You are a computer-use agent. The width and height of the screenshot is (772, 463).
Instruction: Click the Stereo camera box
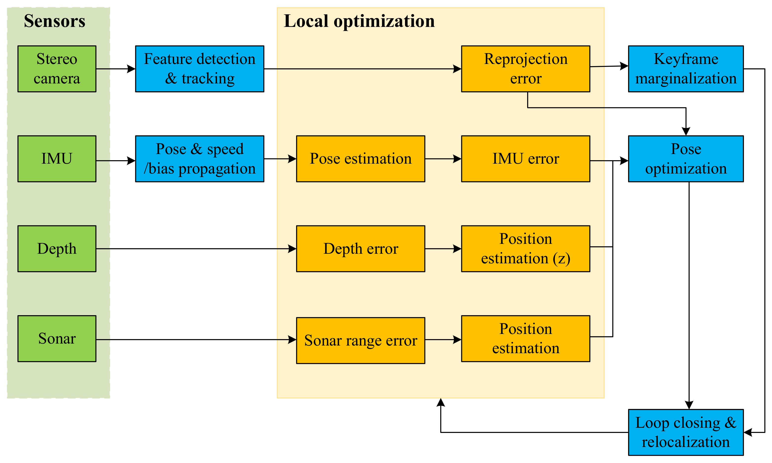[x=57, y=69]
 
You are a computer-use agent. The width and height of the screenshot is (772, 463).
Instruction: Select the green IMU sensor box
[x=57, y=158]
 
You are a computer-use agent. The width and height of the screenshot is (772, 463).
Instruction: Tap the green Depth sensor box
[x=57, y=249]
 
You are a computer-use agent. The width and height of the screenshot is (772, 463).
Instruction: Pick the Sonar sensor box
[x=57, y=339]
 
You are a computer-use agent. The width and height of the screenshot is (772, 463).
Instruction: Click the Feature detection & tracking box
[x=200, y=69]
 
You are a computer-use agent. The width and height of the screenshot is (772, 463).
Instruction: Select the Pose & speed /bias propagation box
[x=200, y=158]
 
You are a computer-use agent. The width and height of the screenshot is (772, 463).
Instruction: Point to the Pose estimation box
[x=361, y=158]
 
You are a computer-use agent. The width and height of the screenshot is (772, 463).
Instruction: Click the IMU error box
[x=526, y=158]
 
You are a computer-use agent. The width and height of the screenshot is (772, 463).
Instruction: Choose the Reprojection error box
[x=526, y=69]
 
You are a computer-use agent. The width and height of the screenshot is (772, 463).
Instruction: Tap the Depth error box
[x=361, y=249]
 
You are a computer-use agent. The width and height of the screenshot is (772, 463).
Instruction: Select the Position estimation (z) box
[x=526, y=249]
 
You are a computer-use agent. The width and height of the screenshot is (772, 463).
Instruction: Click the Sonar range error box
[x=361, y=340]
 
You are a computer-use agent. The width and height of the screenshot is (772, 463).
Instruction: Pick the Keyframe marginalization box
[x=686, y=69]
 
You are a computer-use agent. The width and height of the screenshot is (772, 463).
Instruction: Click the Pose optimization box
[x=686, y=158]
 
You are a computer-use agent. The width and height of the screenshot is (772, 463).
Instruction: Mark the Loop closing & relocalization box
[x=686, y=432]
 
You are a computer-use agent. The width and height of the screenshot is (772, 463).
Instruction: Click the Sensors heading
[x=55, y=21]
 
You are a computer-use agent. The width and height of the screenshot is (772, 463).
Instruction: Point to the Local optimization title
[x=359, y=21]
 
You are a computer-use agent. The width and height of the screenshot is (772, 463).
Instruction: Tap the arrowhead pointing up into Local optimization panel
[x=441, y=403]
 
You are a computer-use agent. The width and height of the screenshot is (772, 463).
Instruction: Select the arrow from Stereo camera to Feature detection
[x=116, y=69]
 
